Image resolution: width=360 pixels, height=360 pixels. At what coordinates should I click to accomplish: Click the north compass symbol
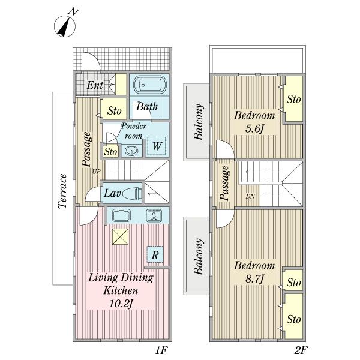[x=65, y=26]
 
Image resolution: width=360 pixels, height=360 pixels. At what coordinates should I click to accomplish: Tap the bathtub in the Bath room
[x=150, y=85]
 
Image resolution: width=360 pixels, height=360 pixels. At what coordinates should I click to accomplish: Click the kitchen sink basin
[x=121, y=216]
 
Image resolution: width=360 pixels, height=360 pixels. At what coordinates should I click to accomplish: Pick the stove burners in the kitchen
[x=154, y=215]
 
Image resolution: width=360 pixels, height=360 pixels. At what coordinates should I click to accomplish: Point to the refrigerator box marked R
[x=155, y=254]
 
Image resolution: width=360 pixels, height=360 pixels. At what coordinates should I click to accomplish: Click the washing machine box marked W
[x=157, y=146]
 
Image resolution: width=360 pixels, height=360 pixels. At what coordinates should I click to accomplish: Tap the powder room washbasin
[x=131, y=151]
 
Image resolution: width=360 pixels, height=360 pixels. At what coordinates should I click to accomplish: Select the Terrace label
[x=62, y=191]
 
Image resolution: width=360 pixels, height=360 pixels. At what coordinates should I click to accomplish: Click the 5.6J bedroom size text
[x=254, y=129]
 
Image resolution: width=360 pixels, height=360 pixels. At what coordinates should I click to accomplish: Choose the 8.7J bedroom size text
[x=254, y=280]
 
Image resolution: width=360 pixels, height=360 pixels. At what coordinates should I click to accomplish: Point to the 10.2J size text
[x=121, y=304]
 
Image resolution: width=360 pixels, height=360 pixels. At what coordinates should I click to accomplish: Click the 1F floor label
[x=161, y=350]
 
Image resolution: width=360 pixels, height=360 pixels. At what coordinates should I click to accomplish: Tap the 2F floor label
[x=301, y=350]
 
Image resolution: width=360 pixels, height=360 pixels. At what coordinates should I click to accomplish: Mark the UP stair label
[x=97, y=171]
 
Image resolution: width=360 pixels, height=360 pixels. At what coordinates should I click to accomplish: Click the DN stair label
[x=250, y=196]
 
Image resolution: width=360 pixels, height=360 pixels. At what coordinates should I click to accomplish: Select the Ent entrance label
[x=95, y=85]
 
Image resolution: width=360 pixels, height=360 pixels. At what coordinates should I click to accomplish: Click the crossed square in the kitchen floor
[x=121, y=236]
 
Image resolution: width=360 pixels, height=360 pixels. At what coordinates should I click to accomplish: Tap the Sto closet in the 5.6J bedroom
[x=293, y=99]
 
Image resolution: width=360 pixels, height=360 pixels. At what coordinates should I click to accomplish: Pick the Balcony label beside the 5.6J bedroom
[x=199, y=122]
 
